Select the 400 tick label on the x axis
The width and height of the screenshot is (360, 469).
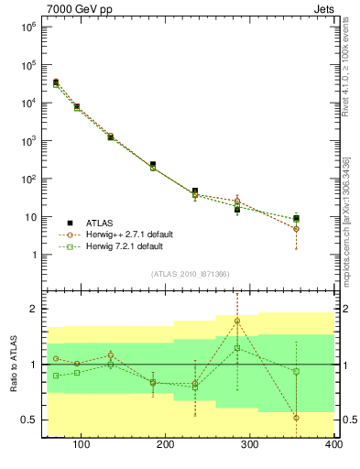[x=333, y=446]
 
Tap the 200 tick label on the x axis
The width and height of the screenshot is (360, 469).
[x=165, y=446]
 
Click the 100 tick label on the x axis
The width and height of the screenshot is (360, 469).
[x=81, y=446]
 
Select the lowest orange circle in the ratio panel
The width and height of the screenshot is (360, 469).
[x=296, y=417]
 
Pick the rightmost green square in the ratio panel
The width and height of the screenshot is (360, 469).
[x=296, y=371]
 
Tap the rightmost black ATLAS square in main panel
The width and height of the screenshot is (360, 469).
[x=296, y=218]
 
